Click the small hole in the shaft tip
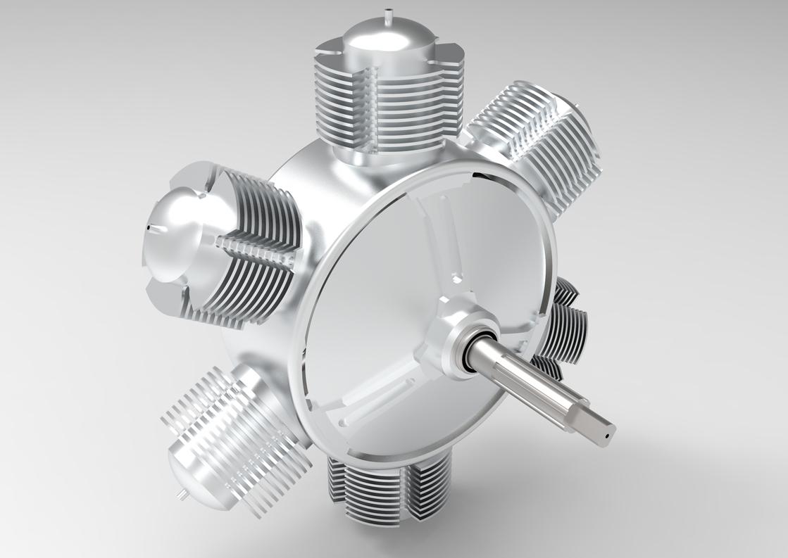pos(605,436)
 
